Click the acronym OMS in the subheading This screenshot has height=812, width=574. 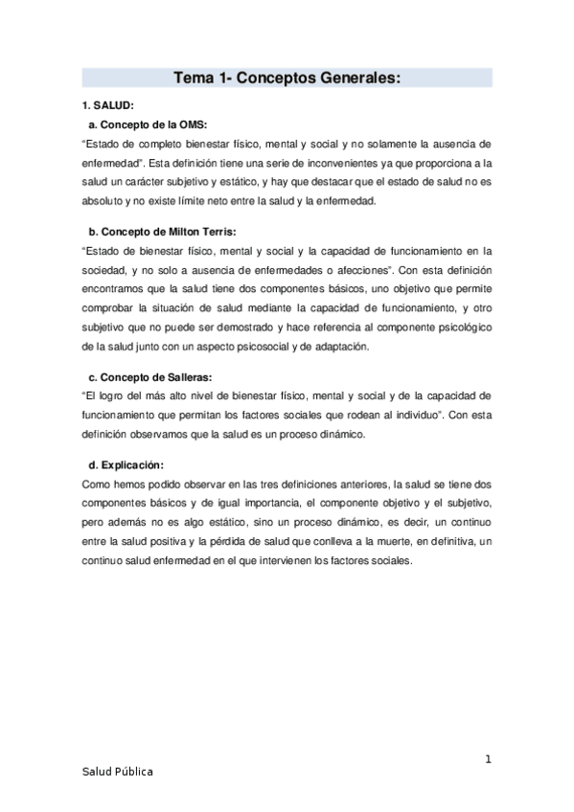(190, 124)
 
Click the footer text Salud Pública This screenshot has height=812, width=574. (117, 771)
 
